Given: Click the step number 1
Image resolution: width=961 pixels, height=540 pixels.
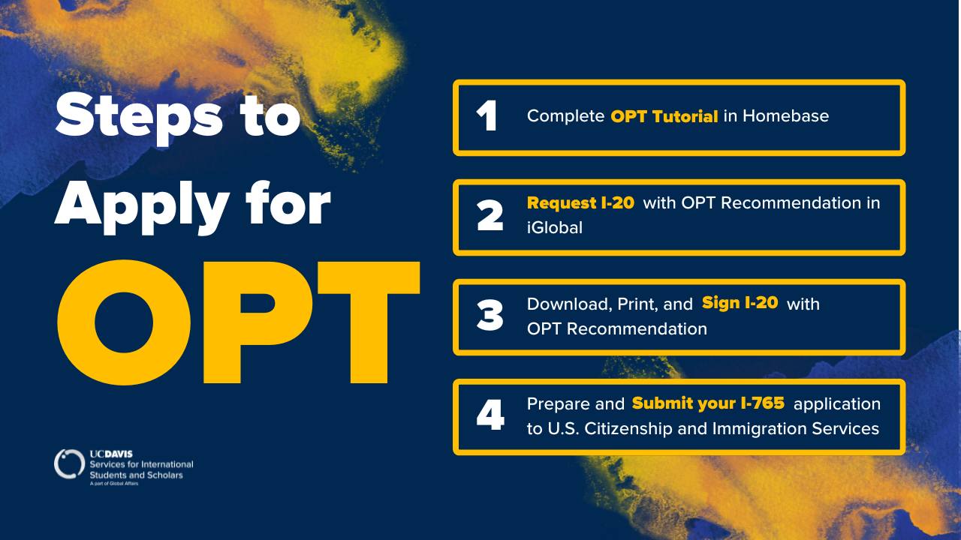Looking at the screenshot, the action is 488,115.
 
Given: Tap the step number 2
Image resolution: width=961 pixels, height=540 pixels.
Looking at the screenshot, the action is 490,215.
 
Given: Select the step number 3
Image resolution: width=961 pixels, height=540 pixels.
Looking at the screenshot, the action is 490,315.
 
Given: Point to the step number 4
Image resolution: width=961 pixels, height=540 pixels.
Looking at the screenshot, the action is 490,415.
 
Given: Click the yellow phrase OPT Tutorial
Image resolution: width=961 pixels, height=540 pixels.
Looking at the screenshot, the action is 664,116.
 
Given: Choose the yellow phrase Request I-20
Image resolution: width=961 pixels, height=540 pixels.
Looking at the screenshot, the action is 580,202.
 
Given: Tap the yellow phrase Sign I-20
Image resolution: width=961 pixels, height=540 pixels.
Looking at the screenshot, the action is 740,302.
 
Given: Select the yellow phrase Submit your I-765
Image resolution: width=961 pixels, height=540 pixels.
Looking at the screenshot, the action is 708,403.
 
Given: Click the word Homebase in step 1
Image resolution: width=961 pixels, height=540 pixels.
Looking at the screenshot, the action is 785,115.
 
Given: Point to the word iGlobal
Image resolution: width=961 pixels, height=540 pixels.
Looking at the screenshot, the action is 555,227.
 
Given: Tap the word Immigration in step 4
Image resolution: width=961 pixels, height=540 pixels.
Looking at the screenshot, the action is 753,428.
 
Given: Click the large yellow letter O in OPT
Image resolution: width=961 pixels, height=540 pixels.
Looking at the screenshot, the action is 124,322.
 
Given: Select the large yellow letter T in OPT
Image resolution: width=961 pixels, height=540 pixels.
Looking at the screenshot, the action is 369,322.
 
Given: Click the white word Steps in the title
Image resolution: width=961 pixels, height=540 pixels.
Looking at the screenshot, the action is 139,118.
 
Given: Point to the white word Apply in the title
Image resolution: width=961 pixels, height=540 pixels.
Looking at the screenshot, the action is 142,208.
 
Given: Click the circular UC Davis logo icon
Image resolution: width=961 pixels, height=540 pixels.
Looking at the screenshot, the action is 69,464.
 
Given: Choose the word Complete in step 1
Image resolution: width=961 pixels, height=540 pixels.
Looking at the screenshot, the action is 565,116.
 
